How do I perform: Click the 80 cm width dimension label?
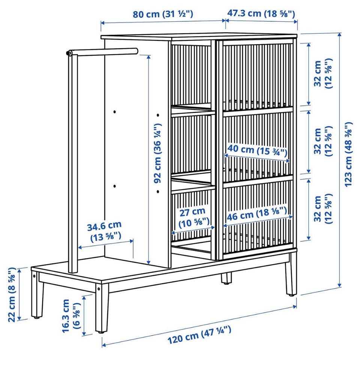coord(163,14)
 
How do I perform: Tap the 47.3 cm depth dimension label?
coord(261,13)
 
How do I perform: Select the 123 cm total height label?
coord(349,154)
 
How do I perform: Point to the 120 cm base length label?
coord(199,335)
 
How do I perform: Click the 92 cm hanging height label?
coord(157,153)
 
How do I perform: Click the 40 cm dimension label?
coord(257,150)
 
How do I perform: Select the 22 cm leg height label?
coord(12,295)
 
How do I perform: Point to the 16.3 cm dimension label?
coord(71,316)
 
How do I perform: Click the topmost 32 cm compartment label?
coord(323,73)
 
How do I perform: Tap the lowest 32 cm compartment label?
coord(323,209)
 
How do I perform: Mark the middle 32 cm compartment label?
coord(323,141)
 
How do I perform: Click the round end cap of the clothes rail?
coord(69,53)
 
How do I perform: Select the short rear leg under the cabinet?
coord(226,278)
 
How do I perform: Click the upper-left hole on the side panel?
coord(115,112)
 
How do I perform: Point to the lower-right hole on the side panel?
coord(158,191)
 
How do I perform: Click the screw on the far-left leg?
coord(34,276)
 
